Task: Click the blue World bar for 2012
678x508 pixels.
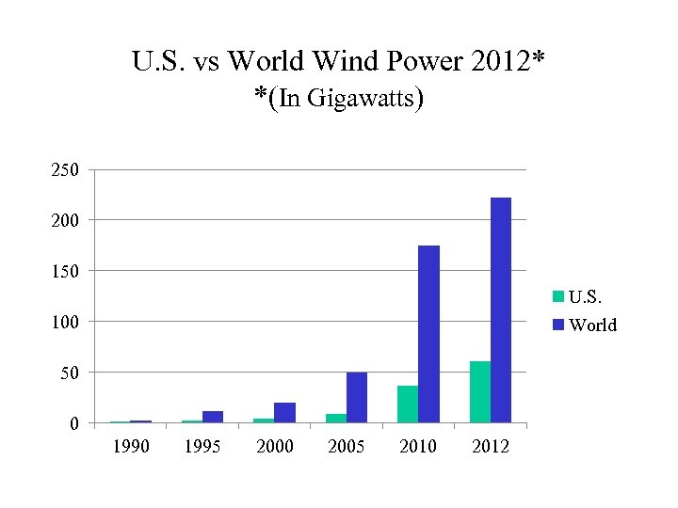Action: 501,310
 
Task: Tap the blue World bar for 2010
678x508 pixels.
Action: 428,334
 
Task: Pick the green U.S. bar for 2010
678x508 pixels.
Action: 408,404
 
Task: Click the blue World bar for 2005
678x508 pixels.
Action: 357,397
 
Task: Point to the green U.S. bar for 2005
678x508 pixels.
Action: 336,418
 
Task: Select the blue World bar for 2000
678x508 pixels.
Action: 284,412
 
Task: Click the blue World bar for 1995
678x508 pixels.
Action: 213,417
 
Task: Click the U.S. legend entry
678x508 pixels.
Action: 584,297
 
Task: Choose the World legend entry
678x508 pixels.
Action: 585,325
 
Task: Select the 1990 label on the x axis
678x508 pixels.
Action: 131,446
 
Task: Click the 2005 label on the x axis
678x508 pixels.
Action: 346,446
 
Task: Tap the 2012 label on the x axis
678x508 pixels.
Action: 490,446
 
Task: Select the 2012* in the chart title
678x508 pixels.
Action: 509,62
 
